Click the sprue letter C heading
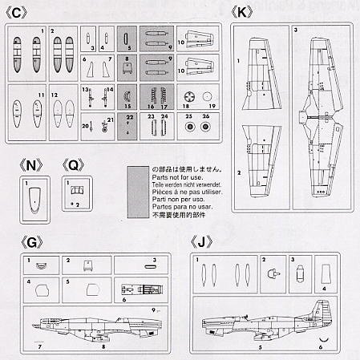point(21,14)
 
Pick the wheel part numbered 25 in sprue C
point(190,126)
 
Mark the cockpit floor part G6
point(136,289)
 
